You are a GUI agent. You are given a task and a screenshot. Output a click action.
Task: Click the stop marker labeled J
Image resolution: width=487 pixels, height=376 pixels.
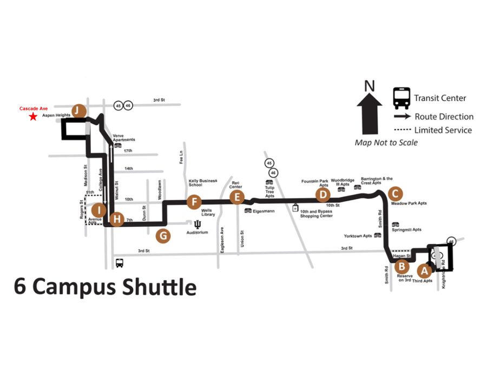(79, 111)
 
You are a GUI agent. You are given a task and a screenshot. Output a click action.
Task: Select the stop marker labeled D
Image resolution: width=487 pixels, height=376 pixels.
(323, 195)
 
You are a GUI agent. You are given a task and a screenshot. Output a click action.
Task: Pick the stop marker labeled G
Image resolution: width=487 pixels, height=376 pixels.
(162, 235)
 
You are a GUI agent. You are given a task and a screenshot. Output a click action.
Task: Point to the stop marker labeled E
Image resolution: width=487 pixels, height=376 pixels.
(236, 197)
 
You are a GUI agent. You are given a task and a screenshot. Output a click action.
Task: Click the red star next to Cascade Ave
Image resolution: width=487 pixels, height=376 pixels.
(33, 116)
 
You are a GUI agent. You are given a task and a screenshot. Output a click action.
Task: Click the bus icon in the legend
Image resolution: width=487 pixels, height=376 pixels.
(402, 98)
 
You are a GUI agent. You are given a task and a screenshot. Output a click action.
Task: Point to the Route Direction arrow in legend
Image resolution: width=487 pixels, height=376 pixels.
(402, 116)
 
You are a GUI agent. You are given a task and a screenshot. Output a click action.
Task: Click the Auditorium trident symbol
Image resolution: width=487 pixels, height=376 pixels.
(197, 224)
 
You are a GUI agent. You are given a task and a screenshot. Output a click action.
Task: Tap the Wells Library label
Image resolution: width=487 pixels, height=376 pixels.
(208, 212)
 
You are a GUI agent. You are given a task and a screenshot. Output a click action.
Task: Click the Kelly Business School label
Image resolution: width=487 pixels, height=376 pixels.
(202, 183)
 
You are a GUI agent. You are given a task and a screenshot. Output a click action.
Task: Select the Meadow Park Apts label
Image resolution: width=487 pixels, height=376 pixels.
(409, 203)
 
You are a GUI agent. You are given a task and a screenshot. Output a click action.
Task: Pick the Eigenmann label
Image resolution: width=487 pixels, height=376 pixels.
(263, 211)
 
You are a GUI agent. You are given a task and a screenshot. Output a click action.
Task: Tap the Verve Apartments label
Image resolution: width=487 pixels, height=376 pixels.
(123, 137)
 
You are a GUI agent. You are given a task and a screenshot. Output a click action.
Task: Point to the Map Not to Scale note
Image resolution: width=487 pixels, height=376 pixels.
(386, 143)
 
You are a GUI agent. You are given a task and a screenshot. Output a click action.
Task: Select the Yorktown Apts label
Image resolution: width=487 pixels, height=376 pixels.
(358, 236)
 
